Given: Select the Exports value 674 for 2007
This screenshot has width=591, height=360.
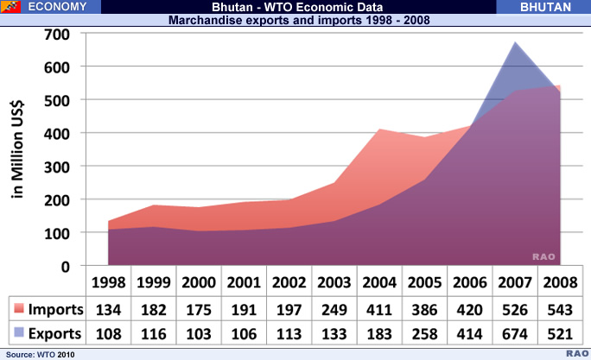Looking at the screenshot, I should (x=515, y=332).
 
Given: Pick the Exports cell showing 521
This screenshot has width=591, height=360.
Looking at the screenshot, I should (x=559, y=332).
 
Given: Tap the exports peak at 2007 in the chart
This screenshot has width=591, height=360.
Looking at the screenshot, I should (x=515, y=43).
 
